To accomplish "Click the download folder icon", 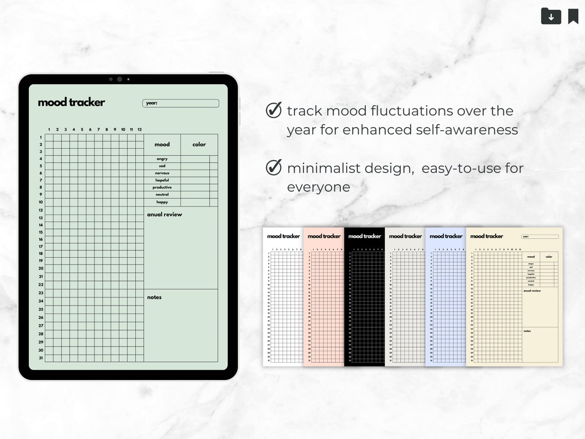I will coord(551,16).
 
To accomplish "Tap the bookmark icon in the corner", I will coord(573,16).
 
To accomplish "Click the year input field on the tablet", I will coord(181,103).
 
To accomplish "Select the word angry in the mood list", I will coord(162,159).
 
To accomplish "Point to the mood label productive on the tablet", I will coord(162,187).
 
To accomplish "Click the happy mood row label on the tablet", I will coord(162,202).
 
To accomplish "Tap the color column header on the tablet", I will coord(199,145).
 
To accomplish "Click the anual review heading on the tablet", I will coord(165,215).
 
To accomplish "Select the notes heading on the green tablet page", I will coord(154,297).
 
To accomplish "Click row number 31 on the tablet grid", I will coord(41,358).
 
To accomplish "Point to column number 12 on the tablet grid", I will coord(140,130).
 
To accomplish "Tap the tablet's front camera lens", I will coord(119,79).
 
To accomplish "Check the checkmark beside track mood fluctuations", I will coord(274,110).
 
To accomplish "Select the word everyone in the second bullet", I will coord(319,187).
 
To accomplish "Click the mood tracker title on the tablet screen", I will coord(71,102).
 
